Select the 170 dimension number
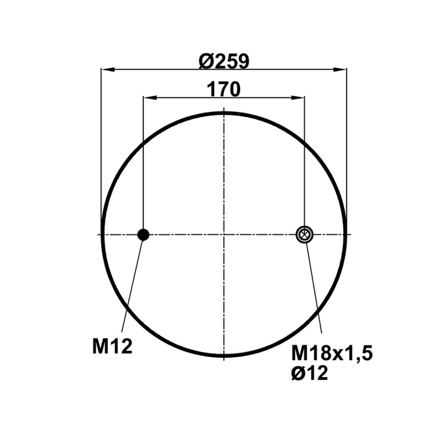click(x=224, y=89)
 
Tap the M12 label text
click(x=113, y=346)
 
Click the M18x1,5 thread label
click(x=332, y=354)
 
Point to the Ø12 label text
click(x=310, y=372)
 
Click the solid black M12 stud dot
click(x=143, y=235)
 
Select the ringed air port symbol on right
click(x=304, y=235)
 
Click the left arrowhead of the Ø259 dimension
click(x=108, y=69)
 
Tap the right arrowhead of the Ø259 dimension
click(x=340, y=69)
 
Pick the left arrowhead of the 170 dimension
click(x=150, y=97)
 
